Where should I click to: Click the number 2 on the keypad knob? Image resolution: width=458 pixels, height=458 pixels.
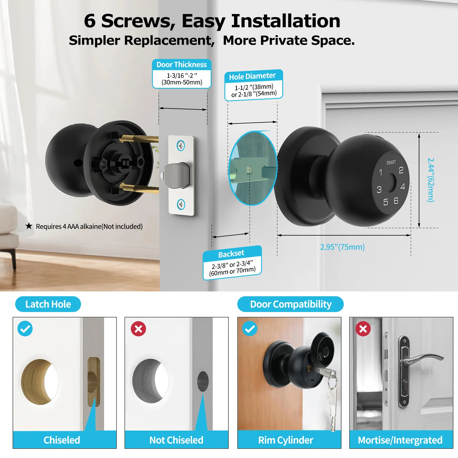401,170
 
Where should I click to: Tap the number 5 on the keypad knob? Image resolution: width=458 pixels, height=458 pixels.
386,202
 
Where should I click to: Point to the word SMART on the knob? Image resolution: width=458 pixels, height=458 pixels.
391,162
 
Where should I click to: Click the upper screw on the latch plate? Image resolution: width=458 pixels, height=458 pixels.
181,146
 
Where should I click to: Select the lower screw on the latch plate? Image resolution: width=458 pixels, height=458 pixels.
181,204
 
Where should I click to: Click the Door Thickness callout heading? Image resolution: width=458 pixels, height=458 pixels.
181,65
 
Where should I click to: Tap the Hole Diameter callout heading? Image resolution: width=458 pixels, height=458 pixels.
252,76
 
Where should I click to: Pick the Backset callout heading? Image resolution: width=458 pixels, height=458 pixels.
231,254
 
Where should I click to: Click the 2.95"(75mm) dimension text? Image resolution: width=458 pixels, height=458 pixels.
342,247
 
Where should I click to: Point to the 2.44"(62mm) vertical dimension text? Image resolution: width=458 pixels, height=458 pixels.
431,180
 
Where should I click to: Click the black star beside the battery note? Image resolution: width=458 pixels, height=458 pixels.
29,226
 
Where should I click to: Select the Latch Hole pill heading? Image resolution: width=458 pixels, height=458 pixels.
48,304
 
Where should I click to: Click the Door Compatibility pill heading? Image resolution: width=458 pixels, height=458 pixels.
291,304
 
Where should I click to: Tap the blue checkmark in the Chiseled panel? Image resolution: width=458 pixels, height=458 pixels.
25,329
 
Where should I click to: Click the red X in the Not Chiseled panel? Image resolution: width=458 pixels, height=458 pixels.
138,329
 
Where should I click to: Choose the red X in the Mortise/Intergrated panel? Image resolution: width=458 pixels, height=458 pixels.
363,329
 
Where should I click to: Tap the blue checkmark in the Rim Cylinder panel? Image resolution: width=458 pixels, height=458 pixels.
250,329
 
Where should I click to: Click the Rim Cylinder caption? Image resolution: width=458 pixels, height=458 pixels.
286,440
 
